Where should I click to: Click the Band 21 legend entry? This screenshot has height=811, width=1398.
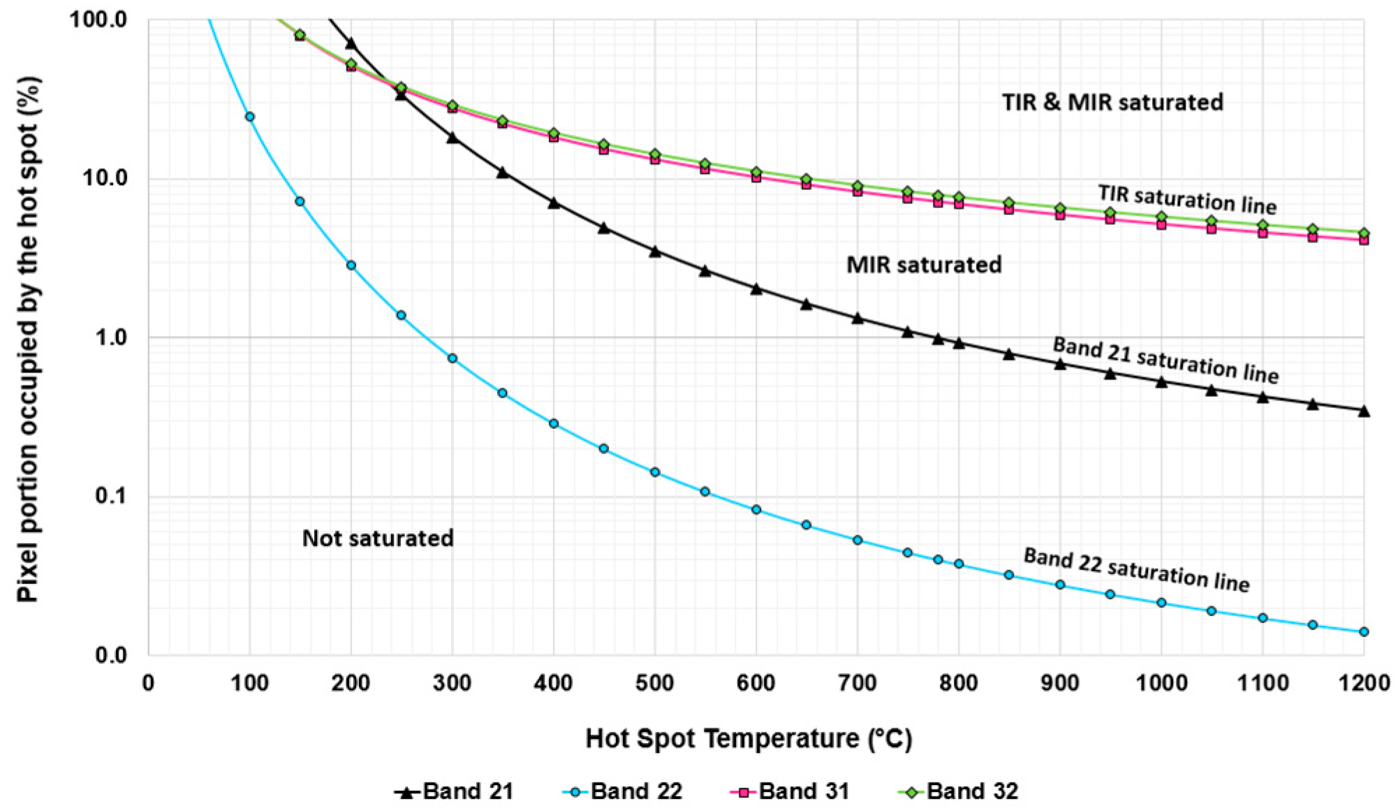pos(455,791)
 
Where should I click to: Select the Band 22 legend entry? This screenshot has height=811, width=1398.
pos(622,791)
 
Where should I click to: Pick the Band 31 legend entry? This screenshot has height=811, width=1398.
pos(790,791)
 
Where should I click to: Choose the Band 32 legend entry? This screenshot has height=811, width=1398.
pos(958,791)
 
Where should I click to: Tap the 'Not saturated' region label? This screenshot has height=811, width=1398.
pos(378,538)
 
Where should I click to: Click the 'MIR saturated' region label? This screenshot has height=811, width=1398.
pos(924,265)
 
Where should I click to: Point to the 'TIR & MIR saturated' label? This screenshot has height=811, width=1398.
pos(1112,102)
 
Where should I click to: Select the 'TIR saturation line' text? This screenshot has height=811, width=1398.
pos(1187,200)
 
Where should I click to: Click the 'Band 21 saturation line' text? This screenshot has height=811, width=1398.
pos(1165,360)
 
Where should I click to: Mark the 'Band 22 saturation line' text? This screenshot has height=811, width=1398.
pos(1136,570)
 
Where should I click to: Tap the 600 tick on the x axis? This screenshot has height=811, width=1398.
pos(756,682)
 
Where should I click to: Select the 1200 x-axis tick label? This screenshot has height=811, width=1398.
pos(1363,682)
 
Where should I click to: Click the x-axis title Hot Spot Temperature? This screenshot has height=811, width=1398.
pos(749,738)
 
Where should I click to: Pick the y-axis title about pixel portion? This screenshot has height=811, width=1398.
pos(29,339)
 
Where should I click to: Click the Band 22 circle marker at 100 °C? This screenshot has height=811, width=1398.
pos(249,117)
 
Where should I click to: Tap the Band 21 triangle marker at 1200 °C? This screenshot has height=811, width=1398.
pos(1364,411)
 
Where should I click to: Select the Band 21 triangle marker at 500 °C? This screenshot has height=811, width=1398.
pos(655,251)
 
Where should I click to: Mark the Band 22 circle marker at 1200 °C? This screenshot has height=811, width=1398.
pos(1364,631)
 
